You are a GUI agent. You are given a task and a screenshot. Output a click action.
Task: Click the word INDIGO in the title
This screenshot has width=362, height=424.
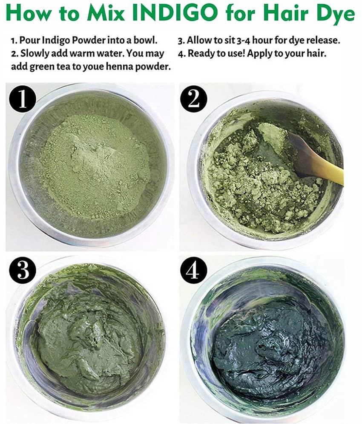click(175, 12)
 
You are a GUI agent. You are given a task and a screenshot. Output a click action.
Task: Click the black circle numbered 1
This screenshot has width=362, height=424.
click(23, 99)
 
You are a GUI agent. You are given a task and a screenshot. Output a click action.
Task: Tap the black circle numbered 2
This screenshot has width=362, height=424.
click(194, 99)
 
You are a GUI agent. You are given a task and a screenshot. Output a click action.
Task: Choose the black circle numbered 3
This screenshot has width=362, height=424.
click(23, 270)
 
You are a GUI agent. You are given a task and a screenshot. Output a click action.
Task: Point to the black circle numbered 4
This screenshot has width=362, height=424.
click(194, 270)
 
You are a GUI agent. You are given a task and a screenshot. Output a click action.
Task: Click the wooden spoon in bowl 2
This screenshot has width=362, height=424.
click(315, 159)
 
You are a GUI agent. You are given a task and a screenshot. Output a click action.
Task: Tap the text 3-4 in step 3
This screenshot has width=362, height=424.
click(244, 40)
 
